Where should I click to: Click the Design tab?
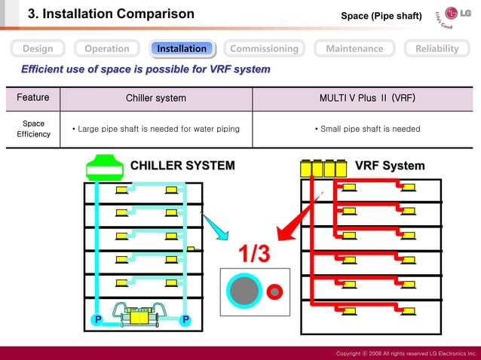pos(38,48)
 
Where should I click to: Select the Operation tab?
pos(106,48)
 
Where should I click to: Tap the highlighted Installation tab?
pos(182,48)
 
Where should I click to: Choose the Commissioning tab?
pos(264,48)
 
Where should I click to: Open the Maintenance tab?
pos(354,48)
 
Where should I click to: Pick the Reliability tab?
pos(437,48)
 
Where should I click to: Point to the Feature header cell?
pos(33,98)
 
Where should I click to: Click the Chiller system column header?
pos(156,99)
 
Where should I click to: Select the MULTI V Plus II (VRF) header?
pos(367,99)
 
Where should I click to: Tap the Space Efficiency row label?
pos(33,129)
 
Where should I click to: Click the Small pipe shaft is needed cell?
pos(367,129)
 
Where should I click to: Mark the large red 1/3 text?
pos(255,255)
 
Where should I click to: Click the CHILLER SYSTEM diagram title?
pos(182,166)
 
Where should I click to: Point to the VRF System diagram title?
pos(390,166)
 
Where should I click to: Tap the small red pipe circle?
pos(274,291)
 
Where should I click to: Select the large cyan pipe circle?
pos(244,291)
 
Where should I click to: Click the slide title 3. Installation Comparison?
pos(111,14)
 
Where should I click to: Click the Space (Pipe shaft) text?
pos(381,16)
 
